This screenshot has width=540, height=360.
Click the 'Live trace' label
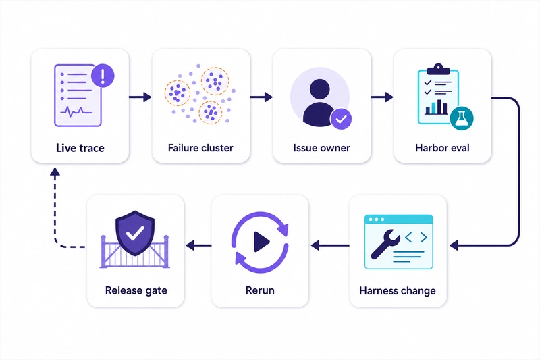(80, 148)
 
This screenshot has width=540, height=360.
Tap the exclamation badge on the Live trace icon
(103, 76)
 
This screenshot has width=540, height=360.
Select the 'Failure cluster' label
(200, 148)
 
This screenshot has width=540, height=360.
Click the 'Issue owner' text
(321, 148)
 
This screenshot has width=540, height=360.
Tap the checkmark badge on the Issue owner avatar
(341, 119)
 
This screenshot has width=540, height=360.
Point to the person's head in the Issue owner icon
(319, 89)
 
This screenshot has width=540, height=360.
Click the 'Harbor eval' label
(442, 148)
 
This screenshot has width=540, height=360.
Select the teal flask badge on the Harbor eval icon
(462, 118)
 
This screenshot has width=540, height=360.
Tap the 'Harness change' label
(398, 290)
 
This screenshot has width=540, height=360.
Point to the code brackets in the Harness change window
(416, 237)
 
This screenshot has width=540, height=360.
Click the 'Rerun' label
(260, 290)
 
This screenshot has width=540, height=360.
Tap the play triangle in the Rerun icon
(261, 242)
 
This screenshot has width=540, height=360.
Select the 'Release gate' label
(136, 290)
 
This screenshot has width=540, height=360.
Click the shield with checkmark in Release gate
(135, 233)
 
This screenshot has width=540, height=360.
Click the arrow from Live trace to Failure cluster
(140, 97)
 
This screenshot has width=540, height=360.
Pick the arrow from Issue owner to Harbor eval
(382, 97)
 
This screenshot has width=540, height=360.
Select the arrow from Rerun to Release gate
(198, 246)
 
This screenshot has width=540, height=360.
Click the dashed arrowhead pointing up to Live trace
(55, 172)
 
